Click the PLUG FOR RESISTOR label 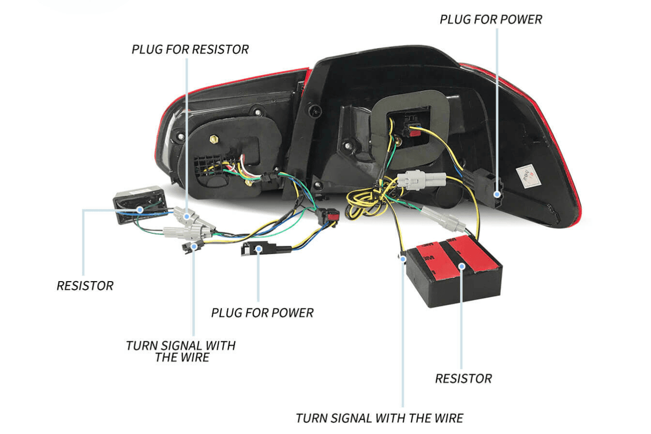pyautogui.click(x=190, y=49)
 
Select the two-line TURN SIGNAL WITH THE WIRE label pyautogui.click(x=181, y=351)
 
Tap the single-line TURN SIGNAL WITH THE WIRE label pyautogui.click(x=380, y=418)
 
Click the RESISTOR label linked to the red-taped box pyautogui.click(x=463, y=379)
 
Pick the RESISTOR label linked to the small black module pyautogui.click(x=85, y=285)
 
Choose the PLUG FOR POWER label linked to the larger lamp pyautogui.click(x=491, y=20)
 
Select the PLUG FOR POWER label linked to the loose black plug pyautogui.click(x=262, y=312)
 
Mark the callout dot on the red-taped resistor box pyautogui.click(x=461, y=265)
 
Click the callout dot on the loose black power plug pyautogui.click(x=258, y=249)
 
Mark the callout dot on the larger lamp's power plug pyautogui.click(x=498, y=195)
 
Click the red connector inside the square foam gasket pyautogui.click(x=413, y=130)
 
